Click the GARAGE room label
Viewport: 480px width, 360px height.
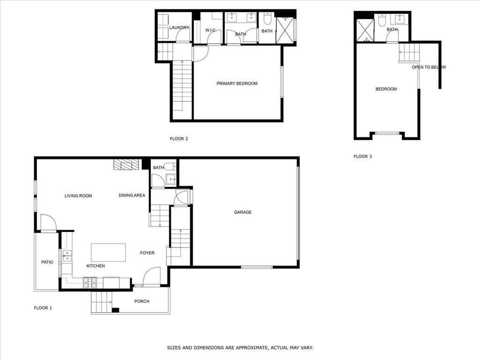(x=243, y=212)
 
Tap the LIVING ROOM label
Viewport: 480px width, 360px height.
(x=78, y=196)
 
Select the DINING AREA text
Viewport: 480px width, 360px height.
(x=132, y=195)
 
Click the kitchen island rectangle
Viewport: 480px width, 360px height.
(x=108, y=253)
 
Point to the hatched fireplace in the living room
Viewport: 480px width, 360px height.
(x=126, y=165)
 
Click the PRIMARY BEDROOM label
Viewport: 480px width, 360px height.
(x=237, y=83)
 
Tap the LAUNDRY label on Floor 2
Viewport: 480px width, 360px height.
(x=179, y=28)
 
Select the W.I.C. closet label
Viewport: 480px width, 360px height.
(x=210, y=30)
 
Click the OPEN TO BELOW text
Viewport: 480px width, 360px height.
(x=429, y=67)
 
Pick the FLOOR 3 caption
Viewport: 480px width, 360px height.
(x=363, y=157)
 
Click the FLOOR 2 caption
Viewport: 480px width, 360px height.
(x=179, y=139)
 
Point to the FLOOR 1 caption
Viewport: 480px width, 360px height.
(x=43, y=308)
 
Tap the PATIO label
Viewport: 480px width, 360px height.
(x=47, y=262)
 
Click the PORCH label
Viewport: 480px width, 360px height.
(x=142, y=301)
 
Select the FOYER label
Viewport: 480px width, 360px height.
(x=147, y=253)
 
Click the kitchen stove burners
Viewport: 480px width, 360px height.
(x=90, y=283)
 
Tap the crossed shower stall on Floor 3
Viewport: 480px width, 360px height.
(x=365, y=30)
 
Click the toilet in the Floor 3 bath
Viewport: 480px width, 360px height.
(x=382, y=20)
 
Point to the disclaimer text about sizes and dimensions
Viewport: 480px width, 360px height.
(x=240, y=348)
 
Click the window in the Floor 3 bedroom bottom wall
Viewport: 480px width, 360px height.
(x=388, y=133)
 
